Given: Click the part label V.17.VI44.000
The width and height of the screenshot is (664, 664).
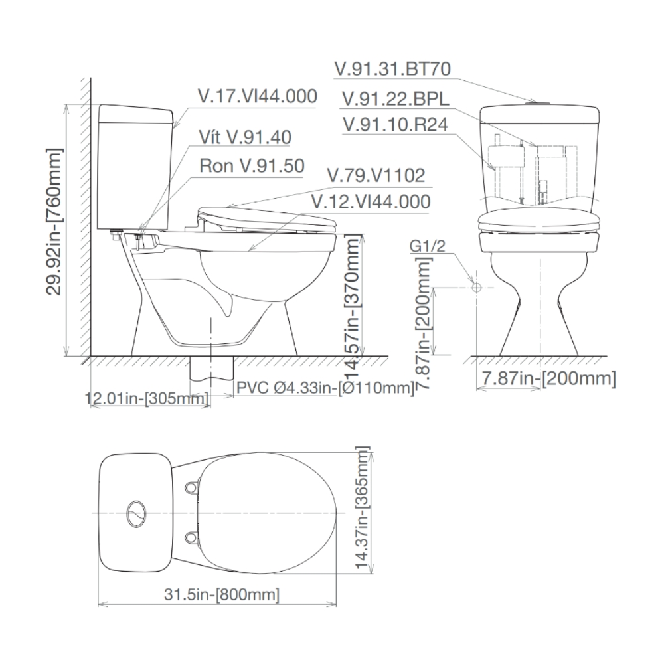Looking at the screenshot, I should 258,96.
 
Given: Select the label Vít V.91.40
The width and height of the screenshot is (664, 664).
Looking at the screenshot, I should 245,137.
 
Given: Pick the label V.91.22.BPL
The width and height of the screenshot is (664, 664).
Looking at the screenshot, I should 395,98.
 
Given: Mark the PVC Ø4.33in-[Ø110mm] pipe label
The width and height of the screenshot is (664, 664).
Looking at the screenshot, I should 325,387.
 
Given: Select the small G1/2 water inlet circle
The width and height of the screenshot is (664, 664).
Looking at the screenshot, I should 475,287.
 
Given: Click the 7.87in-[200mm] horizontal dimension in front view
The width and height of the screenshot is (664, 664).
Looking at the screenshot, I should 547,378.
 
